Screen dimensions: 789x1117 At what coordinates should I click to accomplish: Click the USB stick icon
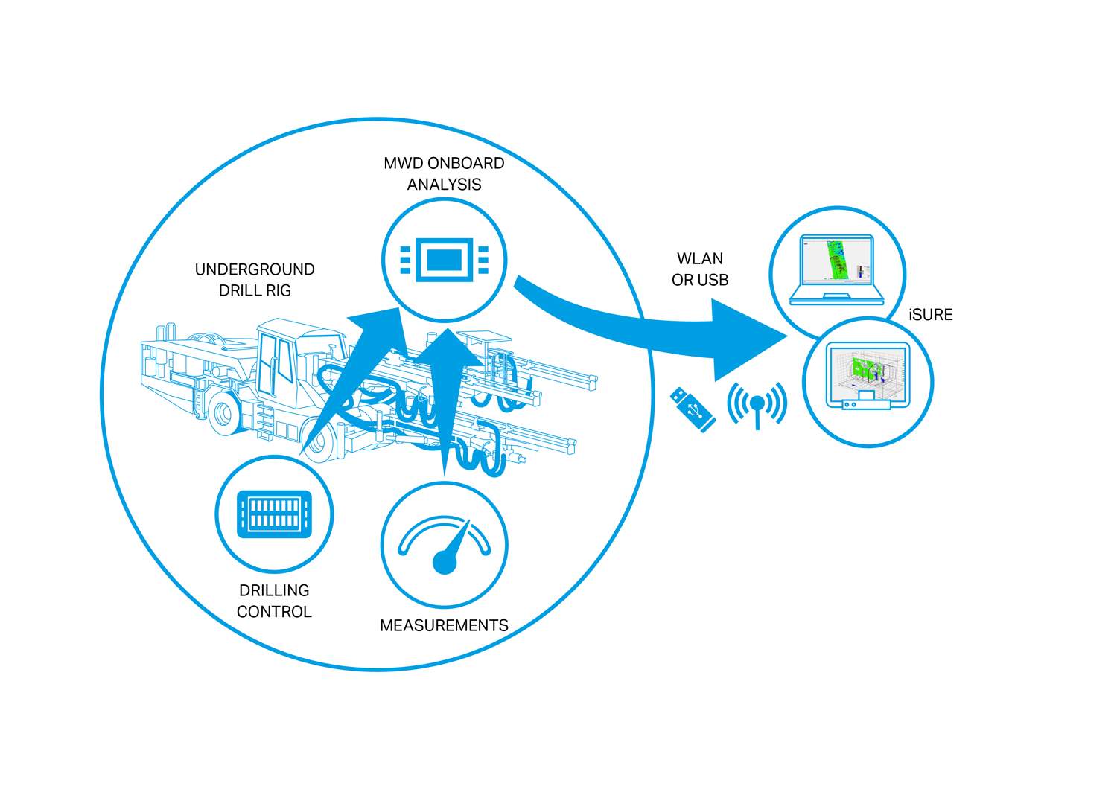pos(693,409)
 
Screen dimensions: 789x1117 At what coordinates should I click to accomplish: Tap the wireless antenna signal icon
pos(757,404)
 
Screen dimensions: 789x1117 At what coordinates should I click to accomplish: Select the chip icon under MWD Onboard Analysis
pos(445,260)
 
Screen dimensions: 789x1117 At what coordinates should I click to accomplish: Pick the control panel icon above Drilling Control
pos(274,514)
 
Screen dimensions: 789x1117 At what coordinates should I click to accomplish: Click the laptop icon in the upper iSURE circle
pos(837,270)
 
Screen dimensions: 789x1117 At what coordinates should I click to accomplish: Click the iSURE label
pos(930,315)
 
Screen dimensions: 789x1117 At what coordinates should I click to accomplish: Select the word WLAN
pos(699,259)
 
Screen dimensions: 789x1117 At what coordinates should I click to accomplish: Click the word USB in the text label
pos(713,281)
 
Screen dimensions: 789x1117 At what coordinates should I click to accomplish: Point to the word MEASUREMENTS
pos(444,626)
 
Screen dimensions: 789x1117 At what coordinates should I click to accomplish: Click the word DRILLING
pos(274,591)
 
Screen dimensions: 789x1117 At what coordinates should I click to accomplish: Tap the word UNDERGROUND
pos(255,269)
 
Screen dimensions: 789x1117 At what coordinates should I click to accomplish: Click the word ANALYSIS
pos(444,185)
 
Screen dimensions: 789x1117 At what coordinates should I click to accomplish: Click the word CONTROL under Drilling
pos(274,612)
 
